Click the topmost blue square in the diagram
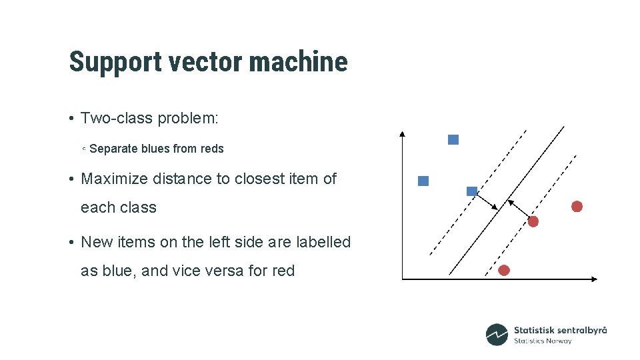coord(453,139)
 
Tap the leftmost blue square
coord(423,181)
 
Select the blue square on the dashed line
coord(472,191)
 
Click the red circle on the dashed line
coord(533,221)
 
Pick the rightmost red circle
coord(577,207)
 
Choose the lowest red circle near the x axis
coord(504,270)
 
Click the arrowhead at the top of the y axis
coord(402,133)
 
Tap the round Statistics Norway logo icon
coord(497,335)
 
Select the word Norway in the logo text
coord(559,341)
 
